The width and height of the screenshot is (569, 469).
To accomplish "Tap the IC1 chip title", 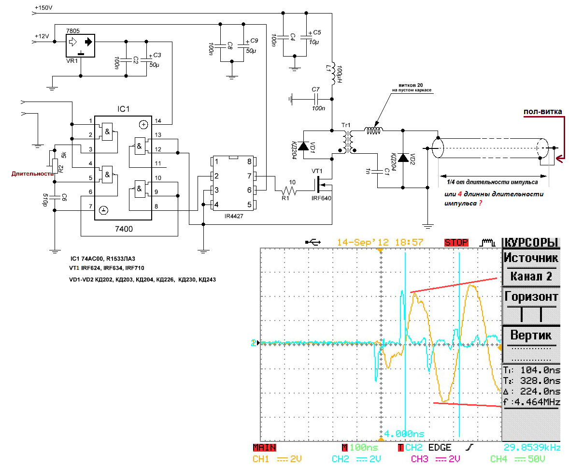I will click(124, 109).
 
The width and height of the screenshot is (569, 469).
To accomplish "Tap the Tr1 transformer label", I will click(346, 126).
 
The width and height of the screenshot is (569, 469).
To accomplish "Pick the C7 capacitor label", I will click(316, 89).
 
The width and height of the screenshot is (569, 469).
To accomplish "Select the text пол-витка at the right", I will click(543, 112).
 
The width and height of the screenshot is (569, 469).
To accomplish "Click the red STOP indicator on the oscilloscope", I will click(456, 242).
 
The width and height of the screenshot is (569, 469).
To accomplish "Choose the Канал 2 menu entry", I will click(531, 277).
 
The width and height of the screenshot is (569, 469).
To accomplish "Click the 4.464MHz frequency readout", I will click(536, 402).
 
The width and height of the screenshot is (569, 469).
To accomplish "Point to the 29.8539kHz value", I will click(532, 448).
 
